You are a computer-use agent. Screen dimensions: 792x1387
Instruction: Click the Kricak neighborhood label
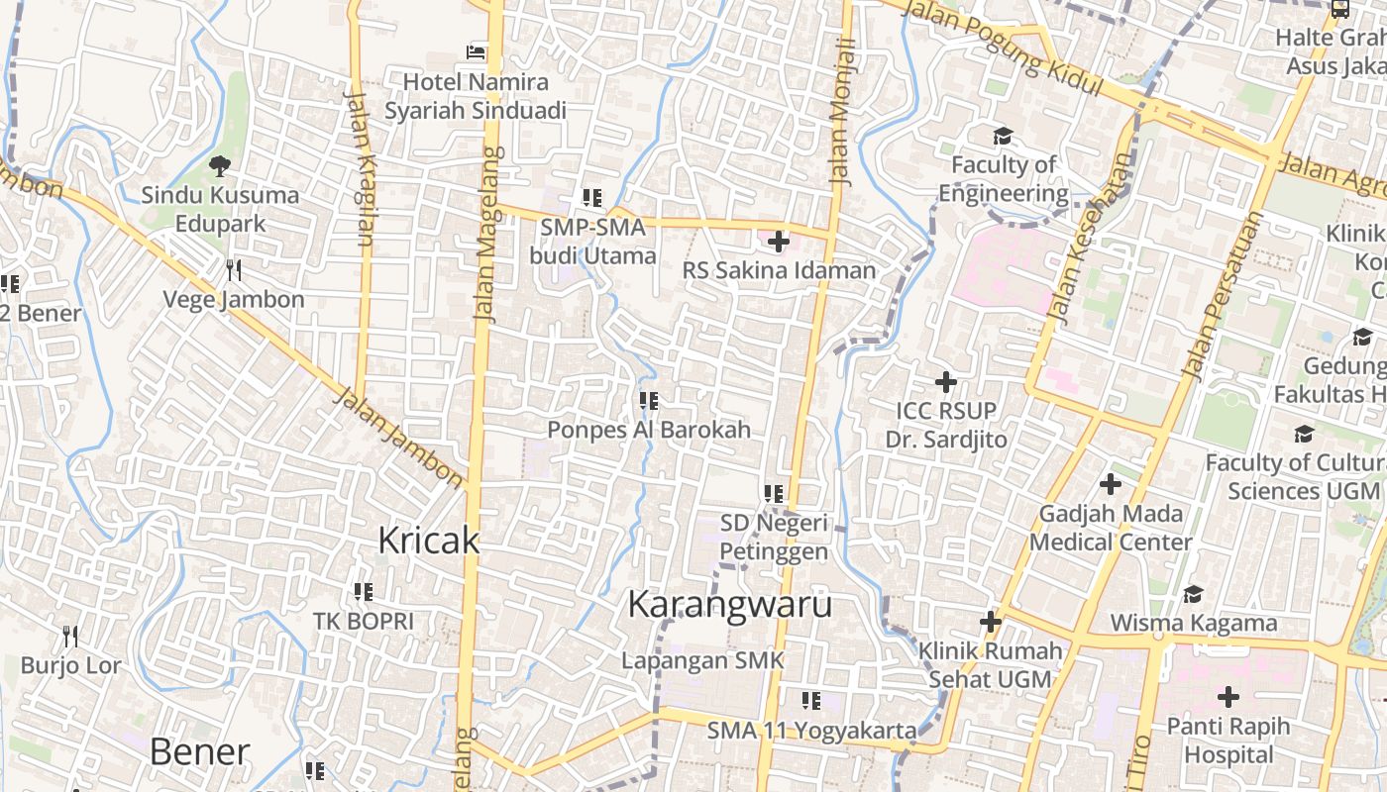point(429,541)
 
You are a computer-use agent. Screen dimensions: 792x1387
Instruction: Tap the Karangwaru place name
point(730,604)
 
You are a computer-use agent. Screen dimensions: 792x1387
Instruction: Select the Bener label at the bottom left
point(199,751)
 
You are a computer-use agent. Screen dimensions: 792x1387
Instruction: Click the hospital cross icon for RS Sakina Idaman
point(779,241)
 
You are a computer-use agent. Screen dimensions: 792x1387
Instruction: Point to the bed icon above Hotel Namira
point(477,51)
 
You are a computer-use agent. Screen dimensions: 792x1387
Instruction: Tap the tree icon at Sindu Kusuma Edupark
point(219,165)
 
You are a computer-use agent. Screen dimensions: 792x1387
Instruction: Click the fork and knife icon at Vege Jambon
point(234,269)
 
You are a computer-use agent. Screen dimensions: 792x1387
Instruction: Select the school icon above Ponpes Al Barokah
point(649,401)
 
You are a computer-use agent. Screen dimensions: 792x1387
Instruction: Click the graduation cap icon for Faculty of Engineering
point(1004,136)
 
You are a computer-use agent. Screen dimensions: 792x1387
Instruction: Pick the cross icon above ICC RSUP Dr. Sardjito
point(946,381)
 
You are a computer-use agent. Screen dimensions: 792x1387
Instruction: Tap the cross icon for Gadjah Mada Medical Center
point(1111,484)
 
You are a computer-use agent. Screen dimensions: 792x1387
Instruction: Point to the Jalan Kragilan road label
point(360,168)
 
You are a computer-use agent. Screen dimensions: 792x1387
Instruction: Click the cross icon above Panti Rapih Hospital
point(1228,697)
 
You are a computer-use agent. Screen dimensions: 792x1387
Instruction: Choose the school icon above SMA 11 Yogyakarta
point(811,701)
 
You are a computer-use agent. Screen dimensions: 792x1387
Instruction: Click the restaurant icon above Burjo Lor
point(70,635)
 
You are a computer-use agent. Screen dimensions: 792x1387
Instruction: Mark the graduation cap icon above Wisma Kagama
point(1193,594)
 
